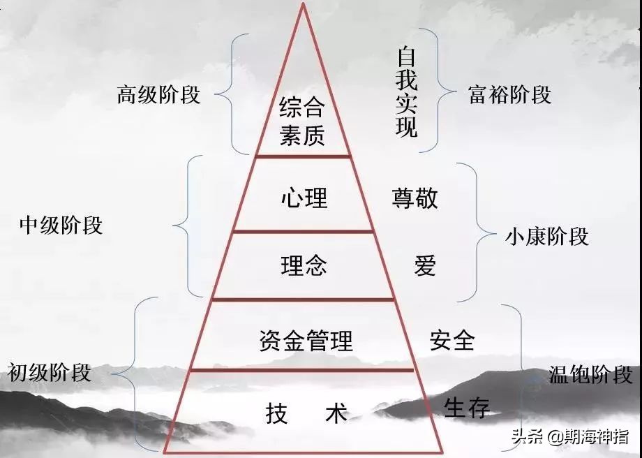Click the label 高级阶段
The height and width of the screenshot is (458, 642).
(158, 95)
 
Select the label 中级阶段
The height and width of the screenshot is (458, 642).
(61, 226)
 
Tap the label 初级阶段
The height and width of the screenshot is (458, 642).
(49, 373)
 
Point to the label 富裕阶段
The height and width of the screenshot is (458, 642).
(509, 95)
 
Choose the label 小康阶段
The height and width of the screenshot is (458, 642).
(547, 237)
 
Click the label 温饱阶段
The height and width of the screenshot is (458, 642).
(591, 374)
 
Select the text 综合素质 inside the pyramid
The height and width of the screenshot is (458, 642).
(303, 121)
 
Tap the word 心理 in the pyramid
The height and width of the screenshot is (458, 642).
(304, 198)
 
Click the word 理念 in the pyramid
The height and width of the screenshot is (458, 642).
(304, 265)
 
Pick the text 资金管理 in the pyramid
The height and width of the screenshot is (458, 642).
(306, 341)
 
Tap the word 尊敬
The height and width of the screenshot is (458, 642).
(415, 198)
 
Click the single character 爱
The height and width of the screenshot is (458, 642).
(424, 265)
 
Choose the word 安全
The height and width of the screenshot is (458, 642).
(452, 341)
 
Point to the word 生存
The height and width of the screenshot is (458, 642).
(467, 407)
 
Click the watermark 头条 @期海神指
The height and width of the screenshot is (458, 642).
(570, 436)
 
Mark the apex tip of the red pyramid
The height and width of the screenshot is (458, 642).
(303, 3)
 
